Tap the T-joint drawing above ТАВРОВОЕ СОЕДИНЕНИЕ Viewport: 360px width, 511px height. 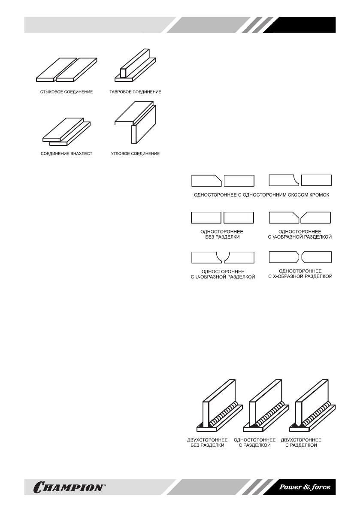(134, 65)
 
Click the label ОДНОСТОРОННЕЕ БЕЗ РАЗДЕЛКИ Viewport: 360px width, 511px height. (223, 234)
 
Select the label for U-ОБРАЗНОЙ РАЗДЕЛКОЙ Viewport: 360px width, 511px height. (223, 274)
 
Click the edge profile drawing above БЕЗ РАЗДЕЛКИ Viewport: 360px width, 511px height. (223, 218)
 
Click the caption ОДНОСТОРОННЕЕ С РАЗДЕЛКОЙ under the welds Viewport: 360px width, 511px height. (254, 443)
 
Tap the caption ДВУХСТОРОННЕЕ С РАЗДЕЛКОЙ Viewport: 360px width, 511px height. (301, 443)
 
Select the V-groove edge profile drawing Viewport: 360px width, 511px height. (300, 218)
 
